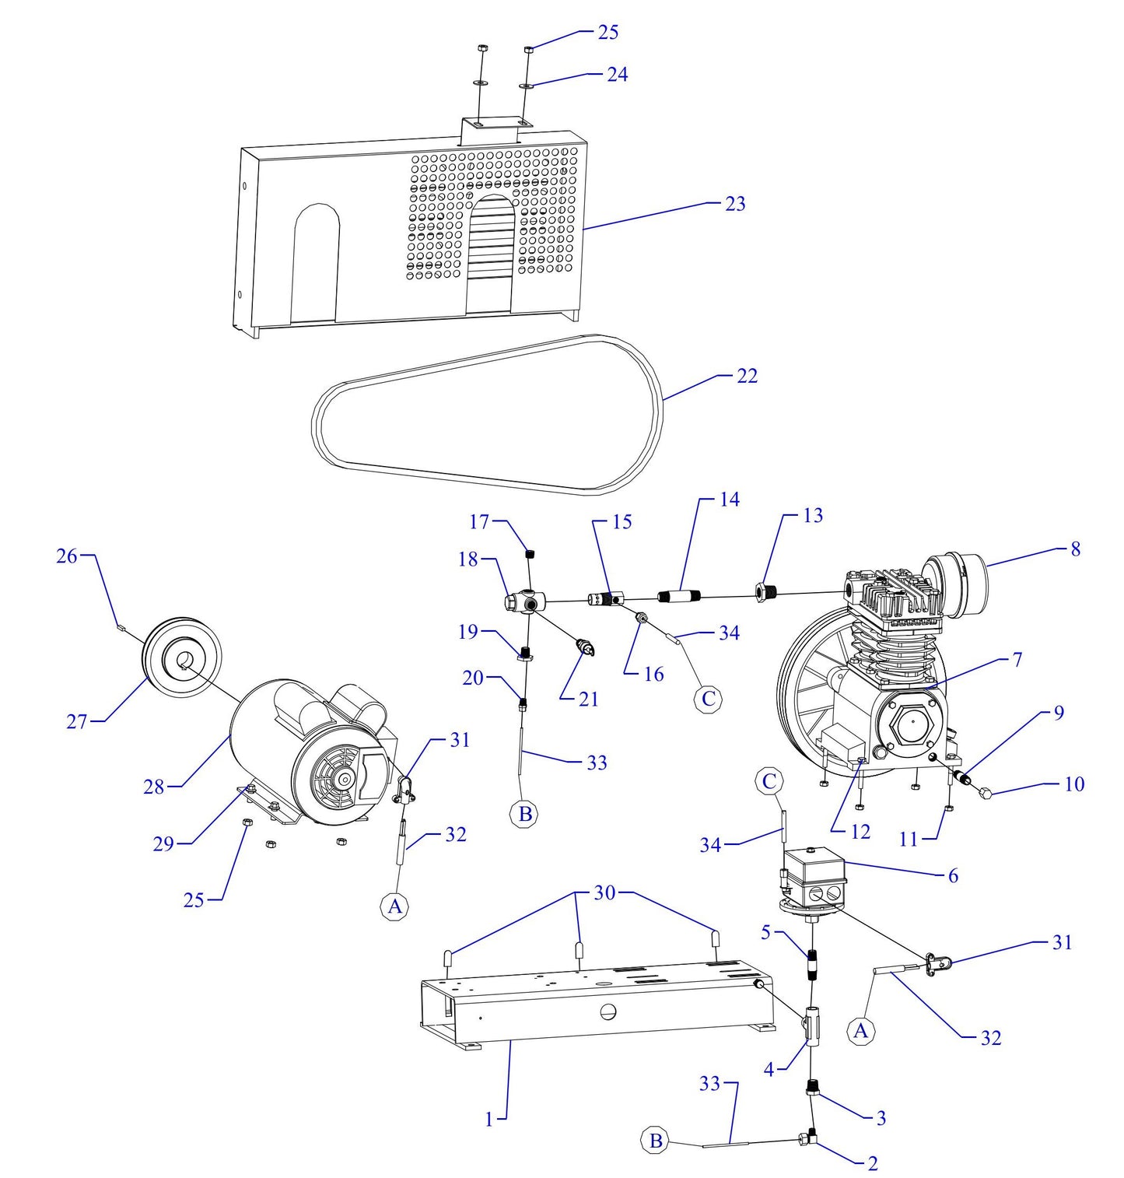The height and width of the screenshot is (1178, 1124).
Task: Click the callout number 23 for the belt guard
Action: tap(734, 204)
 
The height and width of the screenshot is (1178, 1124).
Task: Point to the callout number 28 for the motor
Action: tap(153, 787)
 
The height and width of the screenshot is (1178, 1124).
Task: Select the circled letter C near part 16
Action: tap(708, 699)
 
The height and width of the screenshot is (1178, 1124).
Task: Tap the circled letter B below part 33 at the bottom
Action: tap(656, 1141)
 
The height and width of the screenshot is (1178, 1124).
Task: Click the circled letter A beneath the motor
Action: tap(395, 906)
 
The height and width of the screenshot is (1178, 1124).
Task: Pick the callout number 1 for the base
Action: tap(489, 1120)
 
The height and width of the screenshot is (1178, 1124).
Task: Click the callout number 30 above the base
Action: tap(604, 893)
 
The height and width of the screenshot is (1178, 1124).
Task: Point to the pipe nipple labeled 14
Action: tap(680, 598)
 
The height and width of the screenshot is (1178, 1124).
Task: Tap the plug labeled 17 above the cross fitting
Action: tap(531, 554)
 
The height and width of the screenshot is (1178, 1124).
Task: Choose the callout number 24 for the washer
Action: tap(617, 75)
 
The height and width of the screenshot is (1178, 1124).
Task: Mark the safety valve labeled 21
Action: tap(584, 647)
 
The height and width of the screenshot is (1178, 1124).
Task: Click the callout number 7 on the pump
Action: tap(1017, 660)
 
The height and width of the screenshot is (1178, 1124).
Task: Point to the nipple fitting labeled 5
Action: tap(812, 966)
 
